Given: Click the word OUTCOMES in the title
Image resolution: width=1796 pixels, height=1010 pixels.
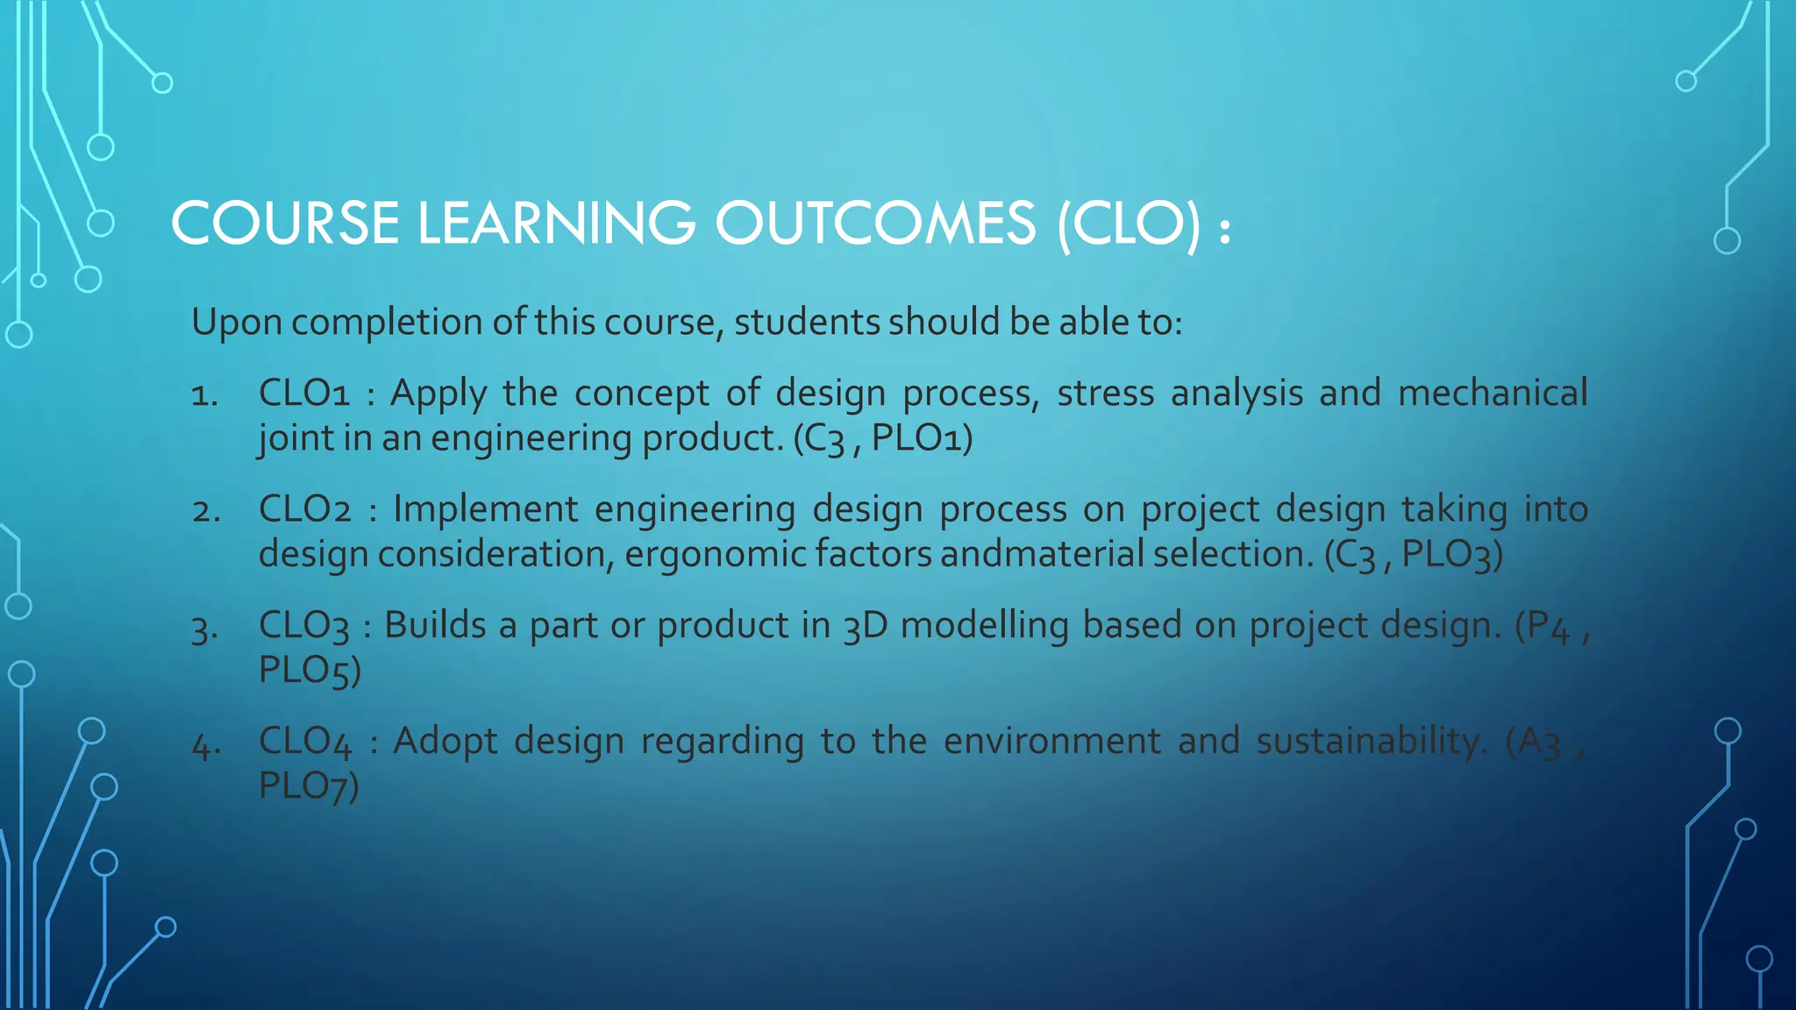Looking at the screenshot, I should pos(874,223).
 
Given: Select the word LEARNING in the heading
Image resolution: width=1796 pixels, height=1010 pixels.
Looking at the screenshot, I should pos(556,223).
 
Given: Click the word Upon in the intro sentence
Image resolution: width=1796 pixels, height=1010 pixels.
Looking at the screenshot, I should pos(237,323).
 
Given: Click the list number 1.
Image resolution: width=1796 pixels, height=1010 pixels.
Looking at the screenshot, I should pos(204,395).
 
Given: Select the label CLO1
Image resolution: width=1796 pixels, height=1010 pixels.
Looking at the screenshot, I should pos(304,393).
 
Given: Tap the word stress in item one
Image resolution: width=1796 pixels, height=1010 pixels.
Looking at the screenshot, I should pos(1105,393).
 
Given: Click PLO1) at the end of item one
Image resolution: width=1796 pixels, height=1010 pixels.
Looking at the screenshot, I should pos(922,437).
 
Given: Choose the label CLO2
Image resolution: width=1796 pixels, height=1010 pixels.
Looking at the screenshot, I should pos(305,509).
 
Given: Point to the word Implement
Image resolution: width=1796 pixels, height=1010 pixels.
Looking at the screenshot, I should pos(485,509).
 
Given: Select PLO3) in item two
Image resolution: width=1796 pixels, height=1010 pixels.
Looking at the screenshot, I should pos(1452,554).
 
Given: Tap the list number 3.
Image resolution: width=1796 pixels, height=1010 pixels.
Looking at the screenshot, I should pos(204,629).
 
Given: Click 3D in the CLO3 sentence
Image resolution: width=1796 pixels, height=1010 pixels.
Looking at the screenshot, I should pos(865,626).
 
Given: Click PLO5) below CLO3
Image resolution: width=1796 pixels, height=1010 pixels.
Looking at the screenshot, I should pos(310,671).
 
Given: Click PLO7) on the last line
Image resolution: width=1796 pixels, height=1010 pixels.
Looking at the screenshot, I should pos(309,786).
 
